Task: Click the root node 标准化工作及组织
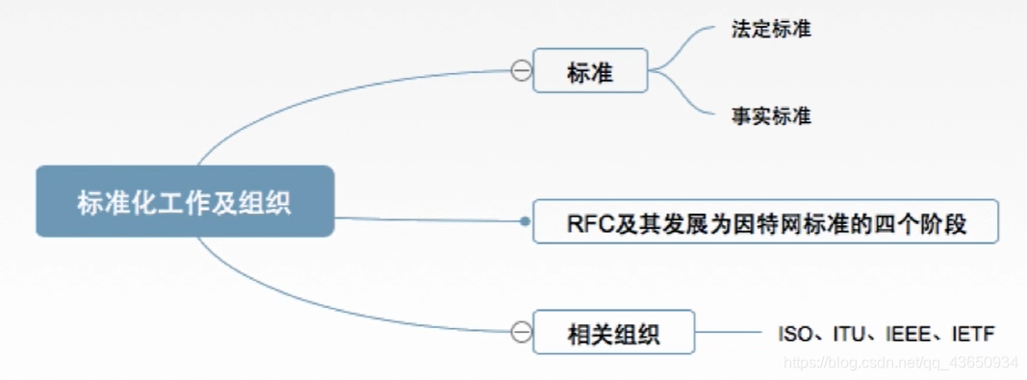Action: click(x=185, y=202)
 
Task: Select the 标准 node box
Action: click(x=590, y=71)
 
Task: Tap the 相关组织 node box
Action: click(x=613, y=334)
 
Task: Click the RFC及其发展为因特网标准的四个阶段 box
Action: click(x=766, y=222)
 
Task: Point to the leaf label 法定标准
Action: click(x=770, y=29)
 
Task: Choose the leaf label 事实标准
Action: click(x=770, y=115)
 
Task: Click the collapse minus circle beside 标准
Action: click(x=521, y=71)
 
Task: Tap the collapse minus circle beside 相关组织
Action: click(x=521, y=333)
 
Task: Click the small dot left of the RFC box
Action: click(x=524, y=221)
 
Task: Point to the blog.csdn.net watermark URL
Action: click(x=901, y=363)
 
